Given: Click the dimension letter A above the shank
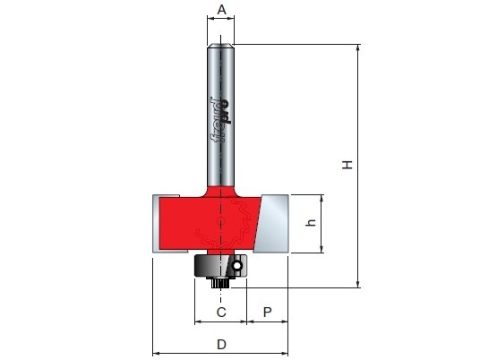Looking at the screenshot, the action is [221, 10].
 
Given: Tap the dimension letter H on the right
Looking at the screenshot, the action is [347, 165].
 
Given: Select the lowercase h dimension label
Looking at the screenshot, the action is [311, 223].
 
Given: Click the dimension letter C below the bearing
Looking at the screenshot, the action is [221, 313].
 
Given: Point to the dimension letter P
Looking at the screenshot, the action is [267, 313].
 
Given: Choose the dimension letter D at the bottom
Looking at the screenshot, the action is [221, 345].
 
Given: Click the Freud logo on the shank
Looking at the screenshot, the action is [220, 120].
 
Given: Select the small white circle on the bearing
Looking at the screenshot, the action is [236, 266].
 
